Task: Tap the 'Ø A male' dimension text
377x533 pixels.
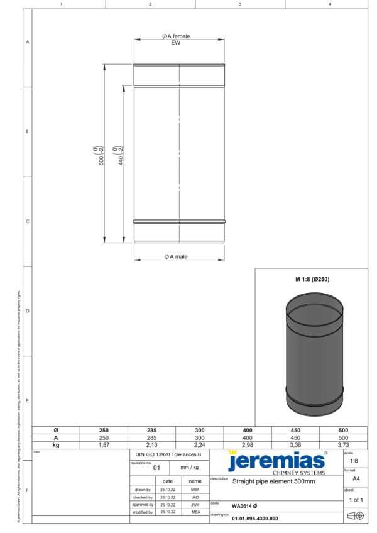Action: pos(176,256)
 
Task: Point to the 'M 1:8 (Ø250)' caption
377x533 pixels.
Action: pos(312,279)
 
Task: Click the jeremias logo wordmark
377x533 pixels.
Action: pos(276,461)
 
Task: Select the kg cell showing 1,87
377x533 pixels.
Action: pos(104,444)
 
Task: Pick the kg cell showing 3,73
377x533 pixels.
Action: pos(343,444)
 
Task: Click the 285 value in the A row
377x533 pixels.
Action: pos(151,437)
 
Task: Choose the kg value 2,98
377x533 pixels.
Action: pos(247,444)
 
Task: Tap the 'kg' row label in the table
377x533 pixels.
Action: pos(56,444)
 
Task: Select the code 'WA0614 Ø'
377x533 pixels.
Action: pos(244,505)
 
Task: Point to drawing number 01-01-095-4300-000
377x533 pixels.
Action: pos(254,519)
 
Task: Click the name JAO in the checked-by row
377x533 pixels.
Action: pos(195,497)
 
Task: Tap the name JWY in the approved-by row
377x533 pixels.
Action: pos(195,504)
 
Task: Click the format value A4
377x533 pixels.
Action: pos(355,477)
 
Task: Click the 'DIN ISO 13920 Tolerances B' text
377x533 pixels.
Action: pos(168,453)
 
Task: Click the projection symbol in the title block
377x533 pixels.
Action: pos(355,515)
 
